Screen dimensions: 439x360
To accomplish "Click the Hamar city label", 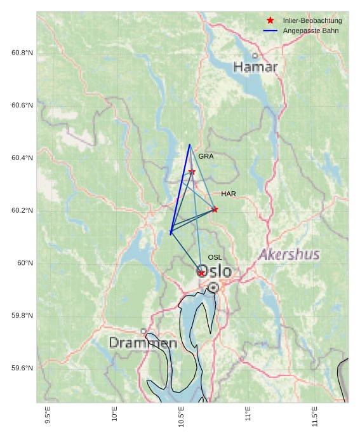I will tap(255, 67).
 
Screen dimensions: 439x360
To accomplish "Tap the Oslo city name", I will tap(215, 271).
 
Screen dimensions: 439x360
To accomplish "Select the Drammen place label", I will tap(143, 343).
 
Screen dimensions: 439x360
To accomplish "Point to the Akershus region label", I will tap(289, 255).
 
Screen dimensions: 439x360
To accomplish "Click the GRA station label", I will tap(206, 156).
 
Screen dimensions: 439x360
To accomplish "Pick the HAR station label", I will tap(229, 194).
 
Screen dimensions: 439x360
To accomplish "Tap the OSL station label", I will tap(215, 257).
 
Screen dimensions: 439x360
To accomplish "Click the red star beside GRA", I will tap(192, 172).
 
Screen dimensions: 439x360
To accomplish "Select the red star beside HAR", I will tap(215, 209).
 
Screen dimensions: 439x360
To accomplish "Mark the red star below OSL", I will tap(201, 273).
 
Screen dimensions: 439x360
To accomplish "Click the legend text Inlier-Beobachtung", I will tap(312, 21).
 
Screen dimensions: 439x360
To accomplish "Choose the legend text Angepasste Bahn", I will tap(310, 31).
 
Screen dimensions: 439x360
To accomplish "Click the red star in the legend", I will tap(270, 21).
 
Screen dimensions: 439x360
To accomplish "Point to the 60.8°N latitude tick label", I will tap(22, 53).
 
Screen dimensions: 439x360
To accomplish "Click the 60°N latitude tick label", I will tap(25, 263).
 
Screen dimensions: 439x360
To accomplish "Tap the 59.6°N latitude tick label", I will tap(22, 368).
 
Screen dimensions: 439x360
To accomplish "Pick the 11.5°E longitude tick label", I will tap(315, 415).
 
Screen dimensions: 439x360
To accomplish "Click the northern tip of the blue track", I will tap(189, 145).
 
